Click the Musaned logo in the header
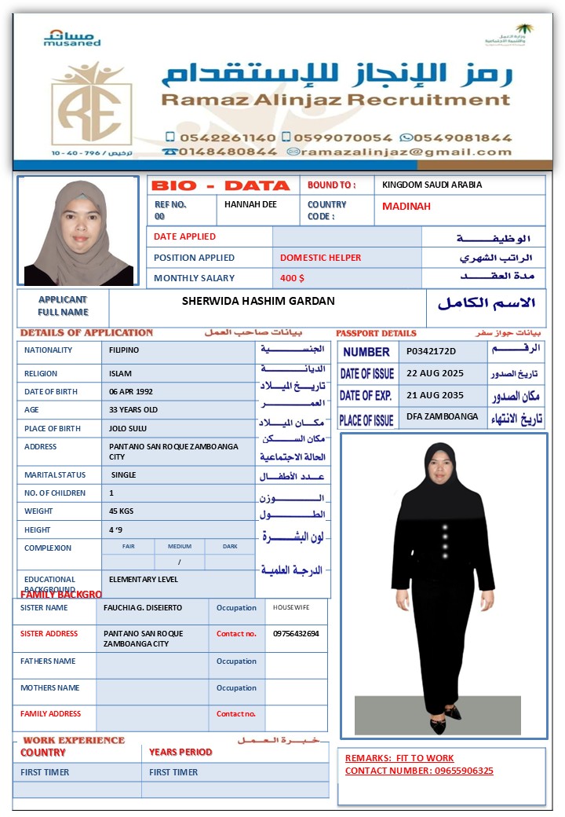[x=72, y=38]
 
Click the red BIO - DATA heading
[x=221, y=186]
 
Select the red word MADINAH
[x=406, y=207]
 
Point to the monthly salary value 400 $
[x=292, y=278]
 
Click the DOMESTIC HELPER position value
[x=320, y=258]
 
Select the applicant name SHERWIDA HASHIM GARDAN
[x=258, y=301]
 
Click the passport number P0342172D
[x=431, y=351]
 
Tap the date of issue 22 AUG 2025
[x=435, y=373]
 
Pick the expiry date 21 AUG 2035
[x=435, y=395]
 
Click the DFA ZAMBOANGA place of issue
[x=442, y=416]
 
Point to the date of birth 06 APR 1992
[x=131, y=391]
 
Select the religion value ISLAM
[x=120, y=374]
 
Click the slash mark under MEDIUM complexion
[x=179, y=562]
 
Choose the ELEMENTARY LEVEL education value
[x=144, y=580]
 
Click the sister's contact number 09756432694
[x=296, y=634]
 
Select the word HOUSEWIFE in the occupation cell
[x=291, y=608]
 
